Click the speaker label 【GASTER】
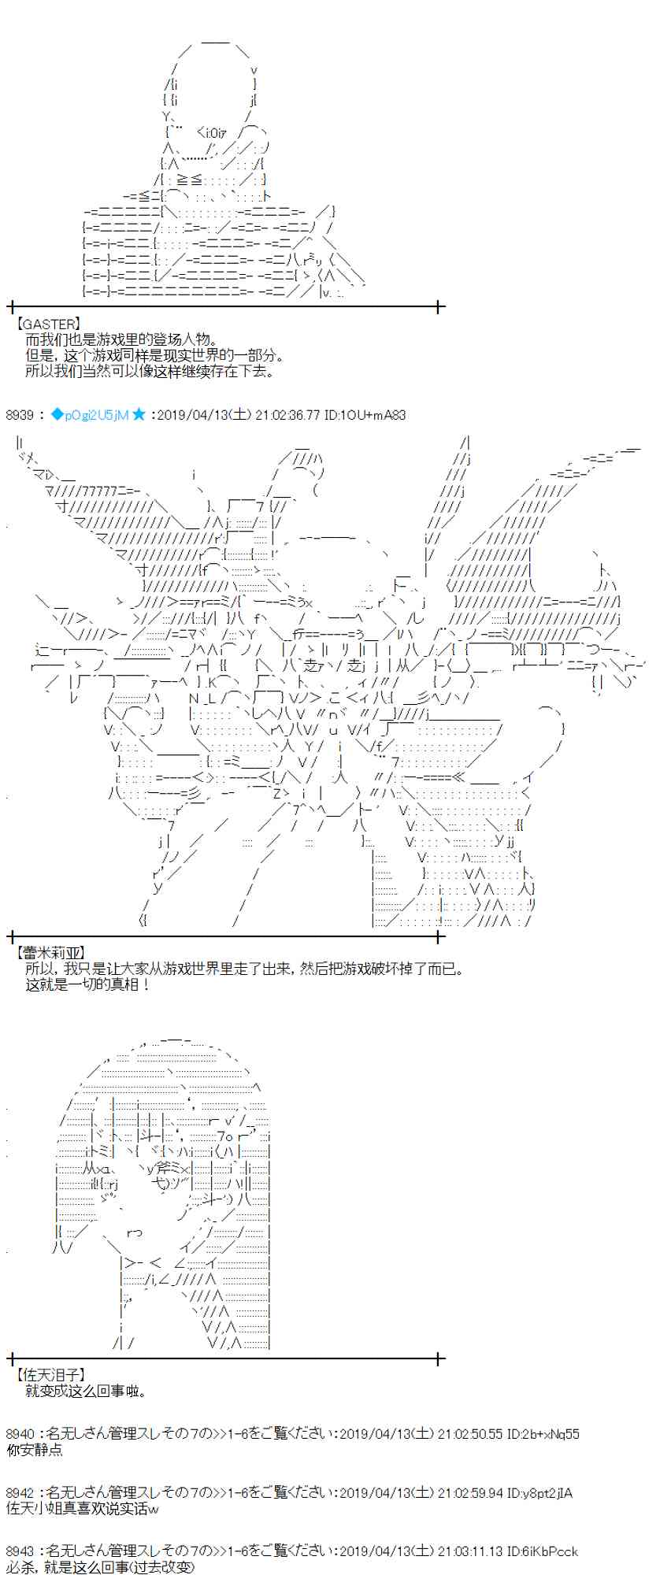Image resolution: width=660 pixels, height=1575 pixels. point(46,324)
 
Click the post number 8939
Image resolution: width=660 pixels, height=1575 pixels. point(20,415)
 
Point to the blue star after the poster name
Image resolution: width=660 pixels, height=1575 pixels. point(139,414)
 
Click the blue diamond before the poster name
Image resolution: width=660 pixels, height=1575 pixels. point(56,415)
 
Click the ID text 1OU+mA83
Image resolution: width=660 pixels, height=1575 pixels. point(375,415)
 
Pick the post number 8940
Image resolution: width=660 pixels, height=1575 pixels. point(20,1434)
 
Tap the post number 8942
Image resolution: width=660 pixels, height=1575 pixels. point(20,1493)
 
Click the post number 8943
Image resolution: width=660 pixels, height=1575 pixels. point(20,1551)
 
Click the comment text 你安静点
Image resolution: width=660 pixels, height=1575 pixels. point(34,1450)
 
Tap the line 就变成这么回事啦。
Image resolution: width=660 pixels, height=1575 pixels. point(86,1391)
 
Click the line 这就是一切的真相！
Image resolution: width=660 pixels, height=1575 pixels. point(87,984)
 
